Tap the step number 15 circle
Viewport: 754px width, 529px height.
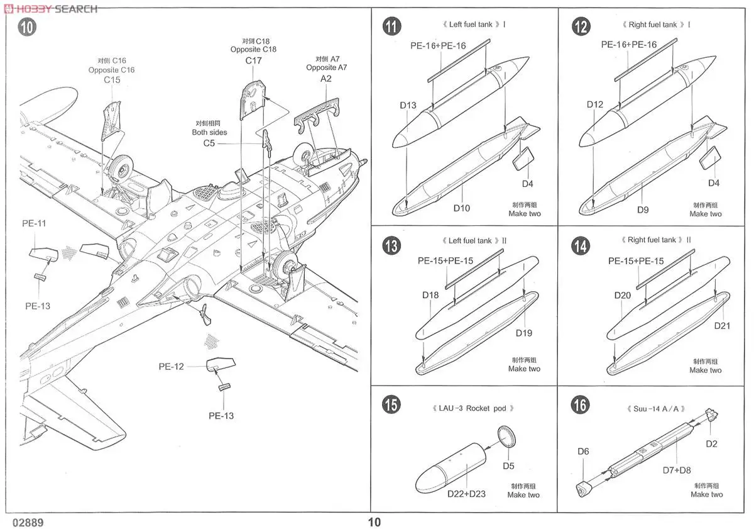[391, 405]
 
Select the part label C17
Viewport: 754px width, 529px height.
[253, 61]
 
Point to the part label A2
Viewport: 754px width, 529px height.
[326, 79]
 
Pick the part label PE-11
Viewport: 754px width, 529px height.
[34, 223]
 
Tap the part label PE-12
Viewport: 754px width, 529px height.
[171, 366]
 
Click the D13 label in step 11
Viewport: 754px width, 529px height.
[408, 105]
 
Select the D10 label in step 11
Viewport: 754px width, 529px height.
[461, 208]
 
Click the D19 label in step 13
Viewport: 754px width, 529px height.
[524, 333]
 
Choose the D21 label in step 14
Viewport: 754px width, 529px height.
[723, 326]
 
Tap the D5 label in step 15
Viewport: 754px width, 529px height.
[508, 466]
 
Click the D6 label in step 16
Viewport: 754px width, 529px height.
[583, 451]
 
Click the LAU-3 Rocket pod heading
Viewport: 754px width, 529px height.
[474, 408]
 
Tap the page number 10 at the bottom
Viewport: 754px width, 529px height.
[374, 521]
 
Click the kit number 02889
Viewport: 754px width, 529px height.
[27, 522]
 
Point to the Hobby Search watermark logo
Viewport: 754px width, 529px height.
[50, 8]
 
